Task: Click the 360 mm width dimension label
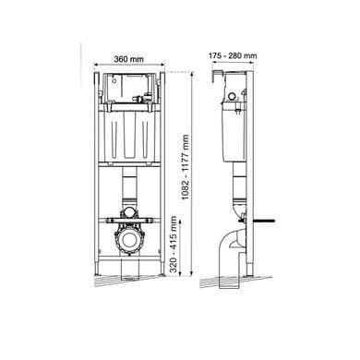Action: (128, 59)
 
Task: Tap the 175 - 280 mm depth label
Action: (233, 55)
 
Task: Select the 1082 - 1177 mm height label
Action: (186, 167)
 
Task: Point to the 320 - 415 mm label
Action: (174, 245)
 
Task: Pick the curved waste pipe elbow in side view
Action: (232, 246)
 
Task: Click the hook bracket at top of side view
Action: (217, 76)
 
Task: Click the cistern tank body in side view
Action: (234, 132)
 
